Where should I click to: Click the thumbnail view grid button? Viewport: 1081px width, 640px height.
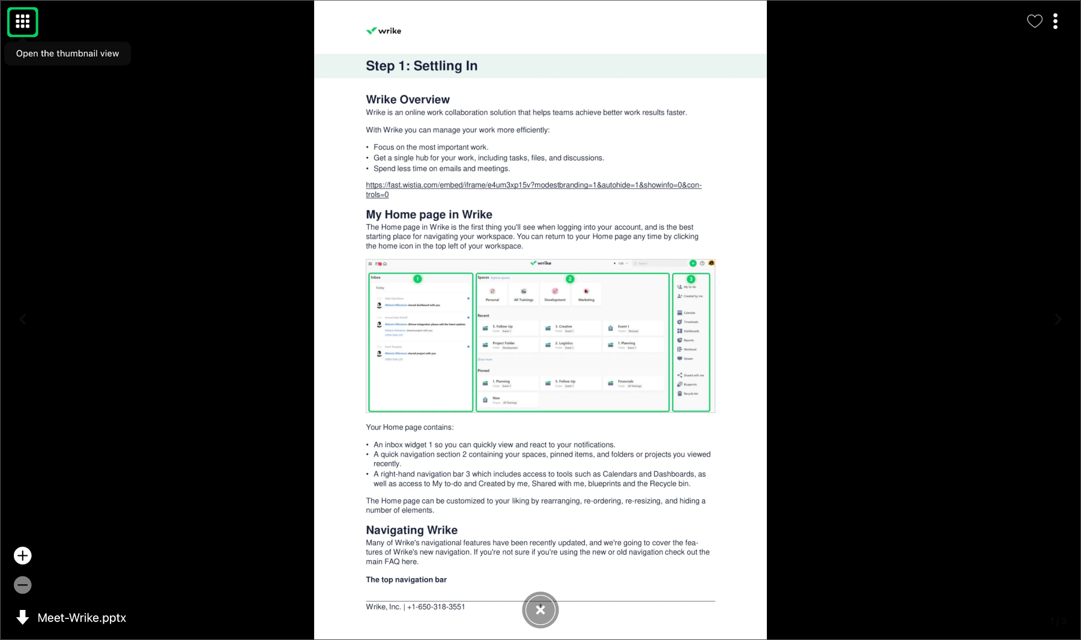[x=23, y=22]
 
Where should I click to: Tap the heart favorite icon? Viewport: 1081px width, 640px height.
[x=1034, y=22]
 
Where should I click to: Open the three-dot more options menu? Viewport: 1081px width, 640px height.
[x=1055, y=22]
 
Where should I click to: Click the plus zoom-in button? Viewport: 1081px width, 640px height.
[x=23, y=556]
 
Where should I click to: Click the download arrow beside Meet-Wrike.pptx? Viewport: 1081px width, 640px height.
[x=23, y=617]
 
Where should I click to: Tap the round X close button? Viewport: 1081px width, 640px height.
[x=540, y=610]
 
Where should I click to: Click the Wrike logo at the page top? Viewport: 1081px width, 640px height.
[x=384, y=31]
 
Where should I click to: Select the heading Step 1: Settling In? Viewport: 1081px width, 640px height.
[x=422, y=66]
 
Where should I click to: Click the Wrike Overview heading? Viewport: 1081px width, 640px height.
[x=408, y=100]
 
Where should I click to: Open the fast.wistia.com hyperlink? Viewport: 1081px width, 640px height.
[x=533, y=185]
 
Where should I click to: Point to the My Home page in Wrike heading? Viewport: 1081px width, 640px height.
[x=429, y=215]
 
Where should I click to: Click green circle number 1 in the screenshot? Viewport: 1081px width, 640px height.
[x=417, y=279]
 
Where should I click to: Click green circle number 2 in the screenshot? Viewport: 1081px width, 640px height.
[x=570, y=279]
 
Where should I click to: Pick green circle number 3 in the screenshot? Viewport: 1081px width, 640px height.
[x=691, y=279]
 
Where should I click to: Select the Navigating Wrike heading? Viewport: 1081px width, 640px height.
[x=411, y=530]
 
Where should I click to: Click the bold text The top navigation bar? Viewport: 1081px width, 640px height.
[x=406, y=580]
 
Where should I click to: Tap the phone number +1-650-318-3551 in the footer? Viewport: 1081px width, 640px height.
[x=436, y=607]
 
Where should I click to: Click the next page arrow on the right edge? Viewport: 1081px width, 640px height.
[x=1058, y=320]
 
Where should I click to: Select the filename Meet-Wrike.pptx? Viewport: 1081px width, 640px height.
[x=82, y=618]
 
